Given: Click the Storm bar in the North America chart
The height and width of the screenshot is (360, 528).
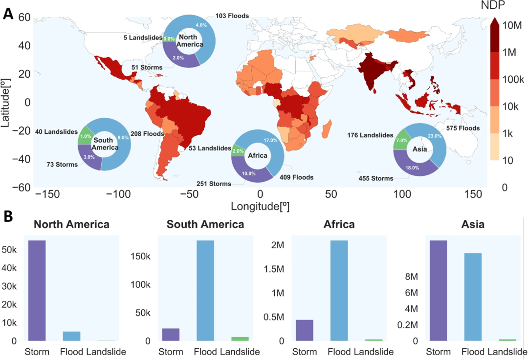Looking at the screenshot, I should click(37, 291).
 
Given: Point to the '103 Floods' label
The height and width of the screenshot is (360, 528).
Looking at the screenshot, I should click(232, 16).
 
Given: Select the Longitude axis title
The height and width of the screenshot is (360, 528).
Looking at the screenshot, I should click(260, 206).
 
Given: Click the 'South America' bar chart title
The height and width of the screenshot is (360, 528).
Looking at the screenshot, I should click(205, 225).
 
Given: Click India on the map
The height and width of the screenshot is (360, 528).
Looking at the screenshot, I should click(373, 71).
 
